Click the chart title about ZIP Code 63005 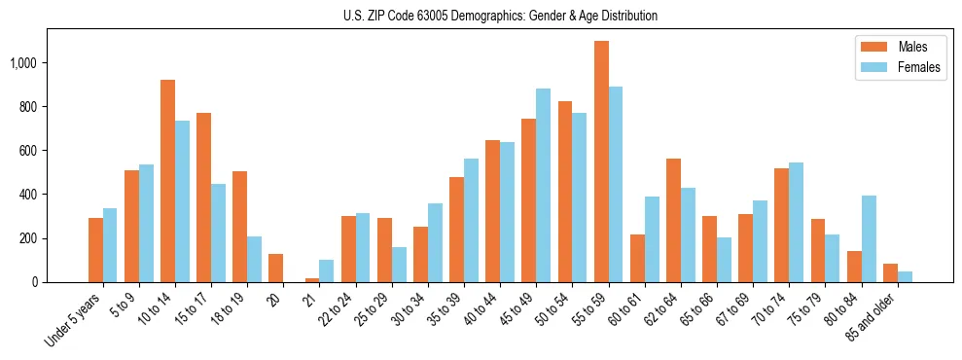[x=500, y=16]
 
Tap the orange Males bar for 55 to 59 [x=601, y=162]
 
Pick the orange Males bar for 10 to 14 [x=167, y=181]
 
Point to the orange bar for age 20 [x=275, y=268]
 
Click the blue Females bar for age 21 [x=327, y=270]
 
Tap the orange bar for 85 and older [x=890, y=272]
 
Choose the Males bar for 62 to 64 [x=673, y=220]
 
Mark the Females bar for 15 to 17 [x=218, y=233]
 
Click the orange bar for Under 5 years [x=95, y=250]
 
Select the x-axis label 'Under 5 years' [x=73, y=320]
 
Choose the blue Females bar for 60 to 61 [x=652, y=239]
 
